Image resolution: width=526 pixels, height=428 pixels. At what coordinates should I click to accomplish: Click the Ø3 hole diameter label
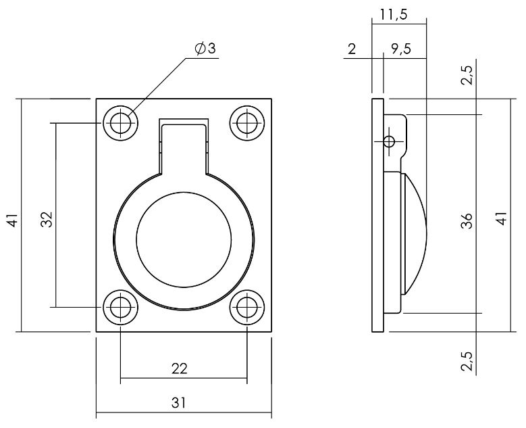click(x=204, y=49)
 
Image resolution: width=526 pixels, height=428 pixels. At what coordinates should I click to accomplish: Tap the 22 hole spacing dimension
click(x=179, y=368)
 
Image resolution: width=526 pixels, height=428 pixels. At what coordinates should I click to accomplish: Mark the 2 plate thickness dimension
click(x=352, y=49)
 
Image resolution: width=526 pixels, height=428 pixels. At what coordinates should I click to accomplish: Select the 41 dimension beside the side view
click(x=500, y=220)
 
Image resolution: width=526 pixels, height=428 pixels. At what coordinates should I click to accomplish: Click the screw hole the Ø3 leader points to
click(x=121, y=123)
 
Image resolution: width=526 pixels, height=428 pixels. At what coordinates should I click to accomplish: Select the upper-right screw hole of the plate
click(x=246, y=123)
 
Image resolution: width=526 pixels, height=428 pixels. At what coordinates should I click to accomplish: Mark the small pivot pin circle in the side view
click(x=388, y=141)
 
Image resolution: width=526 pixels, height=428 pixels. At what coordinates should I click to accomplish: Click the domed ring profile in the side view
click(x=413, y=233)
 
